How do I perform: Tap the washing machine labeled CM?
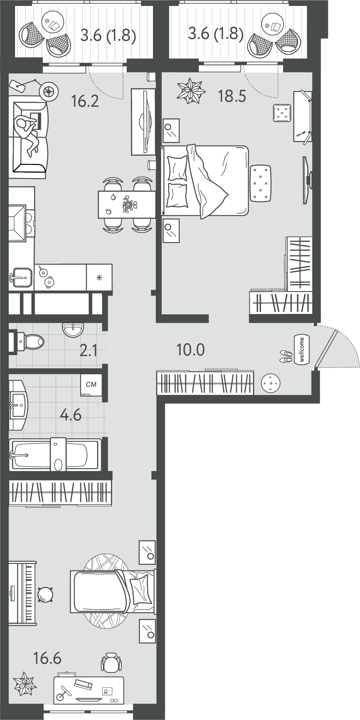[91, 385]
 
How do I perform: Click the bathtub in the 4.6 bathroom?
[55, 455]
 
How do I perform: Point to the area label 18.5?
[232, 96]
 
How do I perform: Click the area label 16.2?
[85, 101]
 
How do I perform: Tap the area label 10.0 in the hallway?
[191, 350]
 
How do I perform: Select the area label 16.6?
[47, 658]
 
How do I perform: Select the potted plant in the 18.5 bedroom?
[191, 91]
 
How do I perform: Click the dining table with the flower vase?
[127, 204]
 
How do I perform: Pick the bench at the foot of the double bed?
[260, 183]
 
